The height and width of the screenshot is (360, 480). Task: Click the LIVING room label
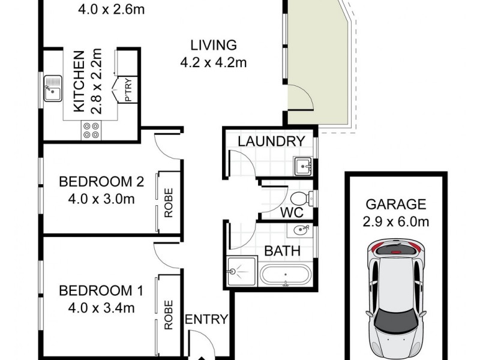point(214,45)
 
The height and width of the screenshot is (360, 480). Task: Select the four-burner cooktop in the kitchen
point(91,130)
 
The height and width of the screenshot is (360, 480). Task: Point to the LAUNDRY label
point(271,142)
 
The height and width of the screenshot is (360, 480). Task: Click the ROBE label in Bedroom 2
point(168,203)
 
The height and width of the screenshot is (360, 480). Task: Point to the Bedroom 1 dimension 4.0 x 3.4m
point(100,308)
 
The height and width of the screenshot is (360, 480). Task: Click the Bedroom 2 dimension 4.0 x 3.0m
point(100,198)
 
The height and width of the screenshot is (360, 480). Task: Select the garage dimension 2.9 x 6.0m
point(397,221)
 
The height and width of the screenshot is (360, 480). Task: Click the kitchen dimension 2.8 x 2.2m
point(94,82)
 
